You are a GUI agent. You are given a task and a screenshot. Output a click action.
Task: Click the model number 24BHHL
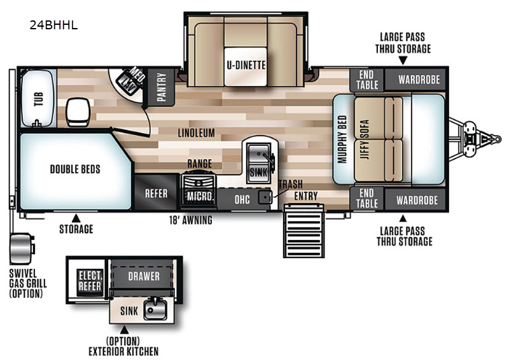click(x=53, y=25)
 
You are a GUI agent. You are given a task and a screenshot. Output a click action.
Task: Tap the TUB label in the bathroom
click(x=38, y=99)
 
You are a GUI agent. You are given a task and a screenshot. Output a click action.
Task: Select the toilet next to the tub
click(x=78, y=112)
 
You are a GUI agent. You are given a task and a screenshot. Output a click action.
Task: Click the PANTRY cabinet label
click(x=162, y=87)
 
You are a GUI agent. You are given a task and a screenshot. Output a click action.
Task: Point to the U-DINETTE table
click(x=246, y=67)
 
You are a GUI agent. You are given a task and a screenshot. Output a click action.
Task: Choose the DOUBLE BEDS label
click(x=75, y=169)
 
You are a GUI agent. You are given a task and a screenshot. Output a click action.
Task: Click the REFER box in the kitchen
click(x=156, y=192)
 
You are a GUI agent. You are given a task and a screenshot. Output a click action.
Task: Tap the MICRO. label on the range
click(x=200, y=196)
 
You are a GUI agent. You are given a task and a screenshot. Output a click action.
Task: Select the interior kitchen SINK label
click(x=258, y=172)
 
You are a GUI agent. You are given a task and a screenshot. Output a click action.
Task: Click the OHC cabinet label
click(x=242, y=199)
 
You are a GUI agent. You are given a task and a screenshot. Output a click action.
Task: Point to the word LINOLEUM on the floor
click(x=197, y=132)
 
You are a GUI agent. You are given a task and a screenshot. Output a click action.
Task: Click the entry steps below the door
click(x=304, y=231)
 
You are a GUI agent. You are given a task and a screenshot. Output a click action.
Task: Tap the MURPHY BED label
click(x=342, y=139)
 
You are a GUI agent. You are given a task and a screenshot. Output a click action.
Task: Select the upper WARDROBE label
click(x=419, y=80)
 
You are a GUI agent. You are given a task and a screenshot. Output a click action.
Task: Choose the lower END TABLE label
click(x=367, y=198)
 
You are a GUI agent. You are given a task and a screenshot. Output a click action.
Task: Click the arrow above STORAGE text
click(x=76, y=218)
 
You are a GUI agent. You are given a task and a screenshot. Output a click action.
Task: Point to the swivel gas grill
click(x=22, y=248)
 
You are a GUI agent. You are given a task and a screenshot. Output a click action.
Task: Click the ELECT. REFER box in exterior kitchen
click(x=90, y=281)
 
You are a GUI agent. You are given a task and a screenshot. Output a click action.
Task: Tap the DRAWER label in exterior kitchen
click(x=144, y=276)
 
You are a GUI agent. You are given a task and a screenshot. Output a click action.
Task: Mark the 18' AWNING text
click(x=190, y=220)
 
